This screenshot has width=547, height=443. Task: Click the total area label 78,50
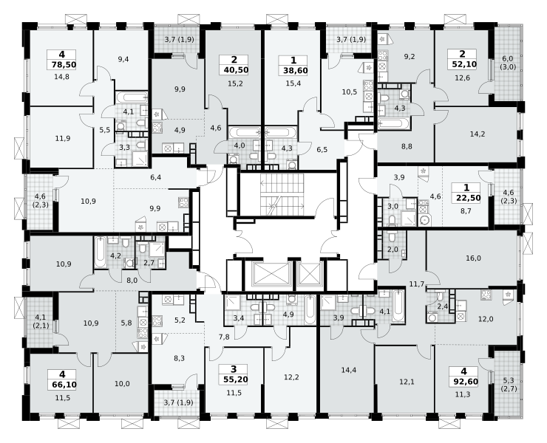tap(64, 65)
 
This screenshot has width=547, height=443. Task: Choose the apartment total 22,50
tap(468, 198)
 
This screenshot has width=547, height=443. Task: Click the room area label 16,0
tap(473, 258)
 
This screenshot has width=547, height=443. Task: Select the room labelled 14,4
tap(349, 370)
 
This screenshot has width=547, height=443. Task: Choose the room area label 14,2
tap(478, 134)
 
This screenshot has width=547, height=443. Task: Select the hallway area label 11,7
tap(416, 284)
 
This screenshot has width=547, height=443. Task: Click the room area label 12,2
tap(292, 377)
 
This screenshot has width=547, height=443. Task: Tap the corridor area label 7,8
tap(224, 337)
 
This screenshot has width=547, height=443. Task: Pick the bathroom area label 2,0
tap(393, 250)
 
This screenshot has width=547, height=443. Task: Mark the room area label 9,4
tap(123, 59)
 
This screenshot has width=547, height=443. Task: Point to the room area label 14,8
tap(62, 77)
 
